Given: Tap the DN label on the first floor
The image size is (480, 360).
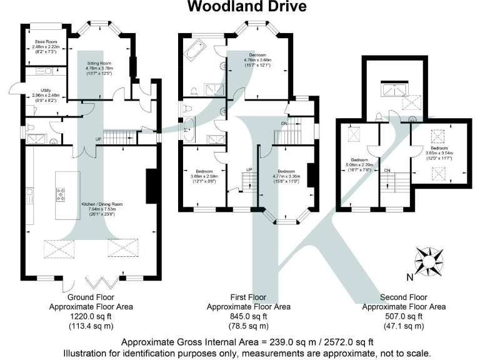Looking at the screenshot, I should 286,125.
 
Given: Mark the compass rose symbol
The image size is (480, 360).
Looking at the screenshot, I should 428,259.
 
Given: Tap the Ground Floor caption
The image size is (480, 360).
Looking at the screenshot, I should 91,298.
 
